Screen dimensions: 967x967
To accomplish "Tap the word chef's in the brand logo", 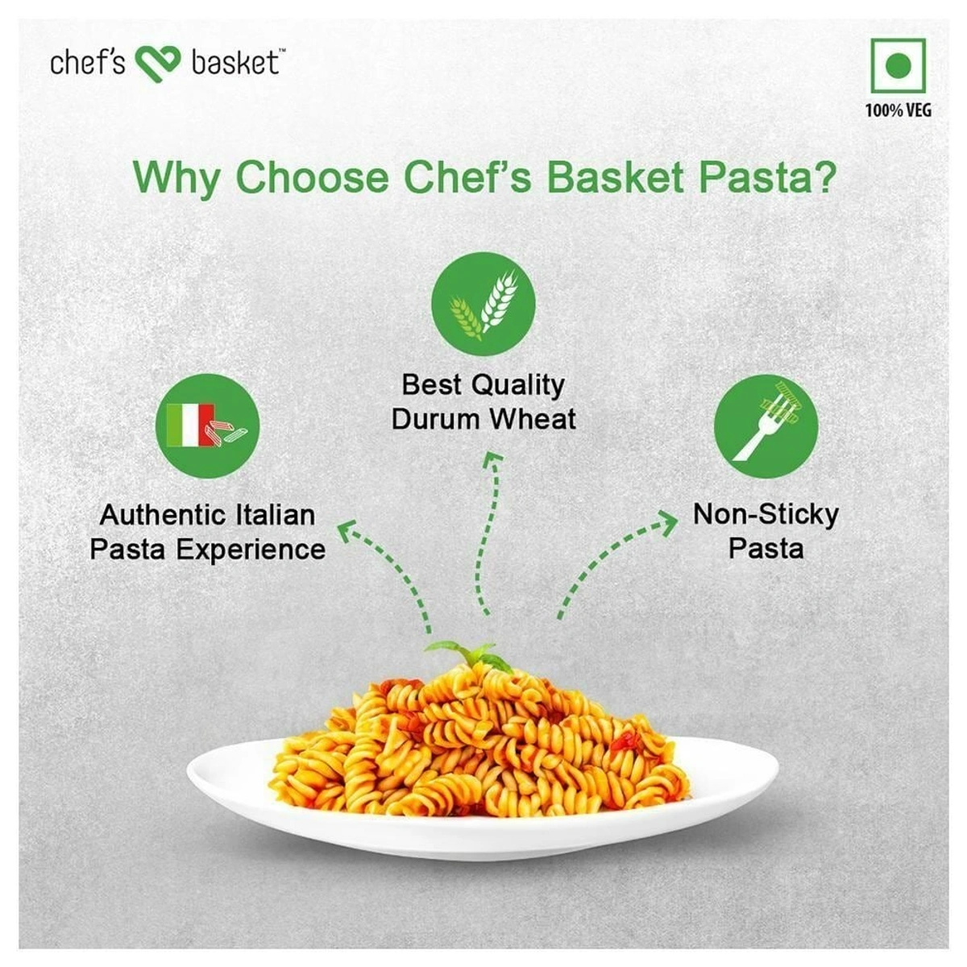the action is (x=87, y=62).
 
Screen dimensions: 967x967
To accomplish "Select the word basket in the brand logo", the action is (x=234, y=62).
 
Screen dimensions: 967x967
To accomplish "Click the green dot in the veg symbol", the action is (x=898, y=65).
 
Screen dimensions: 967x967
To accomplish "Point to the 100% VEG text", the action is (x=898, y=110).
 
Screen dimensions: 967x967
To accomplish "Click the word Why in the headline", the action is (x=177, y=179).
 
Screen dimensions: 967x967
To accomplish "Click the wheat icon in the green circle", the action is (x=483, y=305).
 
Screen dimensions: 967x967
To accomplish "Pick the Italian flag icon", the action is (x=190, y=425).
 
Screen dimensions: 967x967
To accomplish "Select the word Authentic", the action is (x=162, y=516).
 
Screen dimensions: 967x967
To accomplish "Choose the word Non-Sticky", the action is (x=766, y=516).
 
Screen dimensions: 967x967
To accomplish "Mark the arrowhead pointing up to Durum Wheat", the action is (x=494, y=459).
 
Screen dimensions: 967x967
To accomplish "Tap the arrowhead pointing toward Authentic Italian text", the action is (x=349, y=532).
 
